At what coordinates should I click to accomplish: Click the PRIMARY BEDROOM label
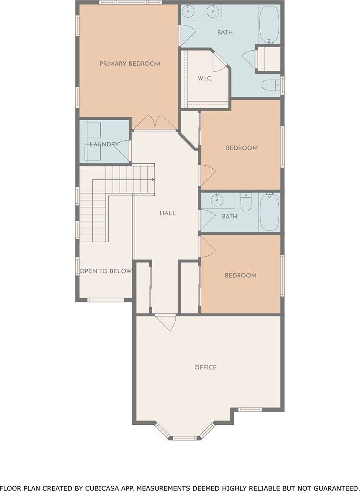pos(130,64)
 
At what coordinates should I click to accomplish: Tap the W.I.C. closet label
pos(205,79)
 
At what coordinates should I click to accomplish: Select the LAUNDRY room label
pos(104,144)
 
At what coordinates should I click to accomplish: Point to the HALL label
pos(168,213)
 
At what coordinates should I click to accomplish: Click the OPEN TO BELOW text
pos(105,271)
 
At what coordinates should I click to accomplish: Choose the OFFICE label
pos(205,367)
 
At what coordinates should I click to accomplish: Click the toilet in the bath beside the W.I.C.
pos(271,86)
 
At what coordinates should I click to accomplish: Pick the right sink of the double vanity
pos(212,11)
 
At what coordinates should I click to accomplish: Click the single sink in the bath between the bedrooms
pos(217,200)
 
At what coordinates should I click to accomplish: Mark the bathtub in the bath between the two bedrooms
pos(270,212)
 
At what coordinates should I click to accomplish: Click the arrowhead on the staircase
pos(153,180)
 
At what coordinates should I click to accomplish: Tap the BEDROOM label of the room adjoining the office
pos(240,276)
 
